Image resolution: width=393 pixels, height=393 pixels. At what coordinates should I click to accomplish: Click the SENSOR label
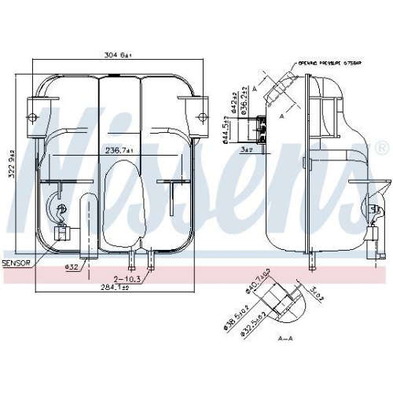click(16, 263)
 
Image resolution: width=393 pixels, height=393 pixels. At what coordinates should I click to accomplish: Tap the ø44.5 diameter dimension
click(225, 126)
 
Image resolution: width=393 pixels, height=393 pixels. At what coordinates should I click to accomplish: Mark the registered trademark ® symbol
click(381, 147)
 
